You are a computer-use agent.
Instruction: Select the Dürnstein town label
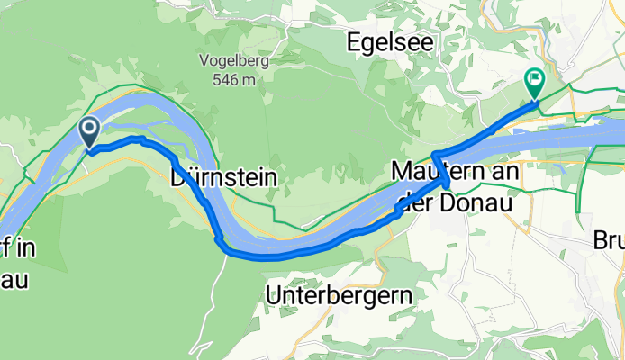coord(223,178)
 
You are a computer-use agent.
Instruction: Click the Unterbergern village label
coord(340,294)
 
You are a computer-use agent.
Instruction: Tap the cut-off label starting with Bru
coord(609,241)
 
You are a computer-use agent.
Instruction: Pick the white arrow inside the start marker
coord(90,128)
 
